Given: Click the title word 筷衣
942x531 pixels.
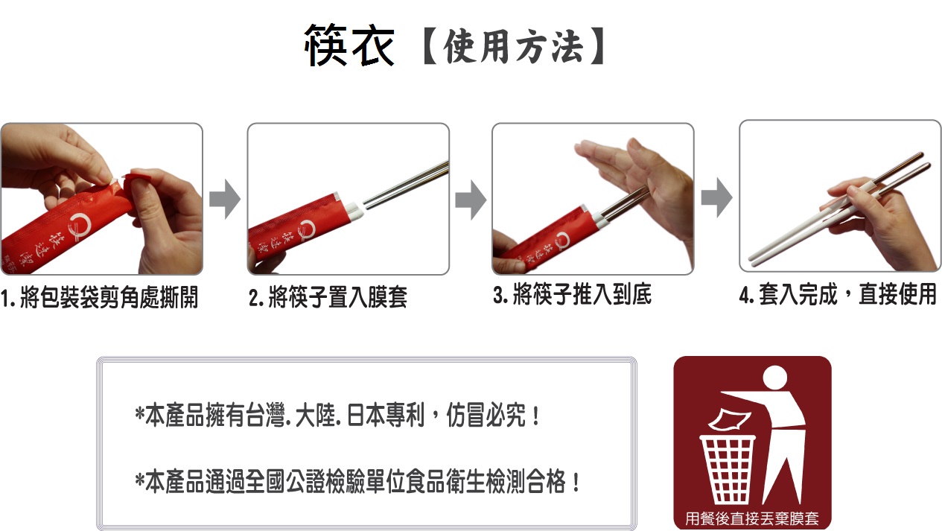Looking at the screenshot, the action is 349,45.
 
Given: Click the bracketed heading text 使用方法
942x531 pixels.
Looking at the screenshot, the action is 514,46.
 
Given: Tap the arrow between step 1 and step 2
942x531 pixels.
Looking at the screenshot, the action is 225,199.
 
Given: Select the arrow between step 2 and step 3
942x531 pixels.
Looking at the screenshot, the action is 471,200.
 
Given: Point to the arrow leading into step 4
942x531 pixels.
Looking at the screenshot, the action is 717,197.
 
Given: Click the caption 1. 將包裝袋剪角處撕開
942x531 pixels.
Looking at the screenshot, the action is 99,298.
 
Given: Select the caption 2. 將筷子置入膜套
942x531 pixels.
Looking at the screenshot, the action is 328,297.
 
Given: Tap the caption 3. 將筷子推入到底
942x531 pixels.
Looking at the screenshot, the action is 573,294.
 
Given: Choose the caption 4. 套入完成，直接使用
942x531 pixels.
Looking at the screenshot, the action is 838,294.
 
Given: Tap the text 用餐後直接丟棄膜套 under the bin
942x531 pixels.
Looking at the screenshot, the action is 752,518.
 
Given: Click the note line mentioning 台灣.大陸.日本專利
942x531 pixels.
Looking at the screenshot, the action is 337,416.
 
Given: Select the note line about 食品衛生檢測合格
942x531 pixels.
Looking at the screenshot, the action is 358,482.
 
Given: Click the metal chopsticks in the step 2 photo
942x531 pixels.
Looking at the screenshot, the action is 406,185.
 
